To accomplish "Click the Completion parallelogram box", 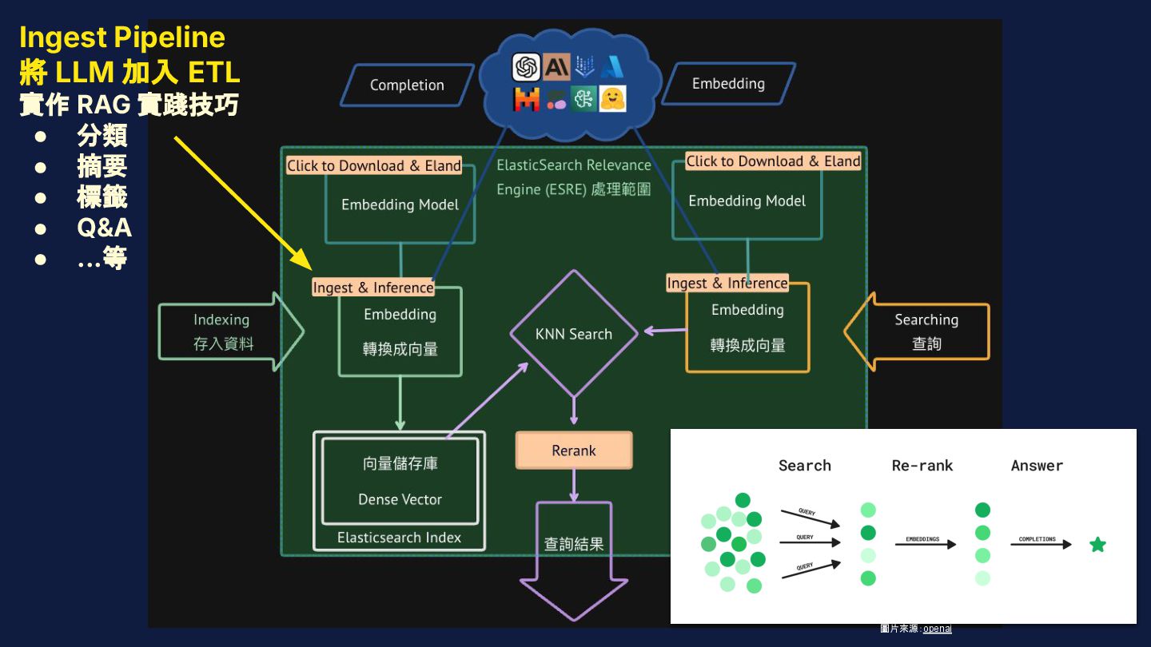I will pyautogui.click(x=406, y=85).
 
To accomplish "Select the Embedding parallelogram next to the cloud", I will pyautogui.click(x=728, y=84).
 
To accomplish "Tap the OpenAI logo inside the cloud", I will pyautogui.click(x=526, y=67).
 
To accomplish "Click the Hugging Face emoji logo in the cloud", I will pyautogui.click(x=612, y=99).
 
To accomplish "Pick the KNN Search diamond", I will pyautogui.click(x=574, y=334).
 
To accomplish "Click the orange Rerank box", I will pyautogui.click(x=574, y=451).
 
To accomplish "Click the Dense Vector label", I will pyautogui.click(x=400, y=499).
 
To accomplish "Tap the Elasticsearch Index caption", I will pyautogui.click(x=399, y=538).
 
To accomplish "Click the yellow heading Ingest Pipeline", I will pyautogui.click(x=122, y=38).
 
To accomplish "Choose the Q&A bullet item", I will pyautogui.click(x=104, y=228).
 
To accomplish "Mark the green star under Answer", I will pyautogui.click(x=1097, y=545).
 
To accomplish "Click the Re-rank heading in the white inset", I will pyautogui.click(x=922, y=466).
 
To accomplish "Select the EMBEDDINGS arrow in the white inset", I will pyautogui.click(x=925, y=544).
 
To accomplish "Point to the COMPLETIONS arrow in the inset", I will pyautogui.click(x=1039, y=544).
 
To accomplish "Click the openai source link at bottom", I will pyautogui.click(x=937, y=629).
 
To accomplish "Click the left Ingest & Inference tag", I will pyautogui.click(x=373, y=288).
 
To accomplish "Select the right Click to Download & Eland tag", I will pyautogui.click(x=773, y=161).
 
